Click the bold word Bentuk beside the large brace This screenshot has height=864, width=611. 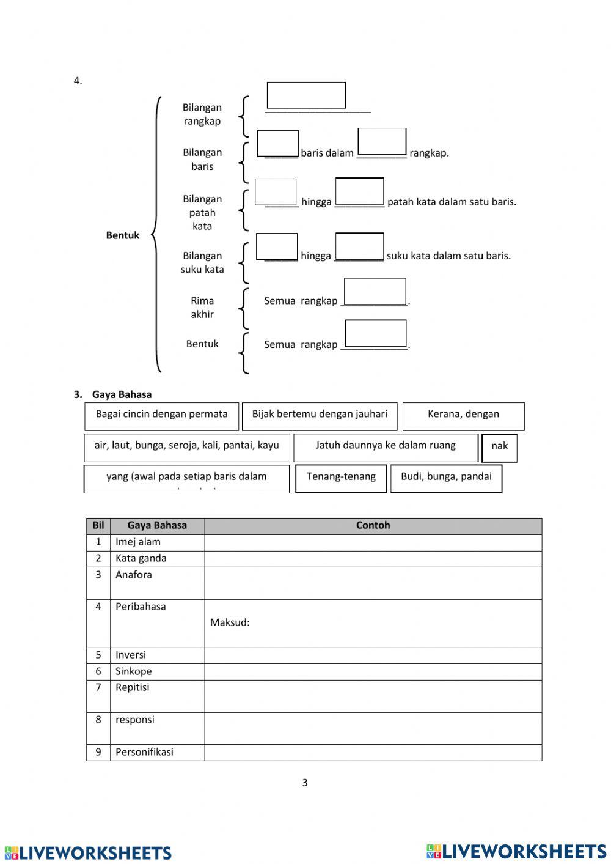(123, 235)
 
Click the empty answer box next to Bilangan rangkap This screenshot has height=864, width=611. (306, 95)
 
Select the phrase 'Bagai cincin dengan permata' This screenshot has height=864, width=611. (161, 415)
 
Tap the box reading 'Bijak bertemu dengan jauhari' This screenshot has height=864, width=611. (320, 415)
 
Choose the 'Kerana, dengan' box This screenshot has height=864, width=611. (463, 415)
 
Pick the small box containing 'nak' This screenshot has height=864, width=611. (499, 446)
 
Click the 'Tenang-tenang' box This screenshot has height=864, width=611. (341, 477)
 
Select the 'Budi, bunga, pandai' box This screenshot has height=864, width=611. (446, 477)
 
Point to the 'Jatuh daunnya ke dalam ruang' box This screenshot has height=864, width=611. (386, 446)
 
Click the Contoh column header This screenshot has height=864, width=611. (373, 525)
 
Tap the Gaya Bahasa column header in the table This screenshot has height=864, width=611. (157, 525)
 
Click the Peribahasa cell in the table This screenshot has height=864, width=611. (141, 607)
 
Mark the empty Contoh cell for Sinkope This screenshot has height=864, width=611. (373, 671)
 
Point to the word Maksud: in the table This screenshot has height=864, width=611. (230, 622)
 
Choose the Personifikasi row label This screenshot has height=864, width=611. (144, 752)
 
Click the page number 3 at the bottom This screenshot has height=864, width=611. (305, 783)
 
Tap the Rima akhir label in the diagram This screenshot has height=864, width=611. (202, 307)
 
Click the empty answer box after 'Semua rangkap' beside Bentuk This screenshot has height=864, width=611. (375, 334)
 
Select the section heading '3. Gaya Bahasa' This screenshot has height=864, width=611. (113, 394)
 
